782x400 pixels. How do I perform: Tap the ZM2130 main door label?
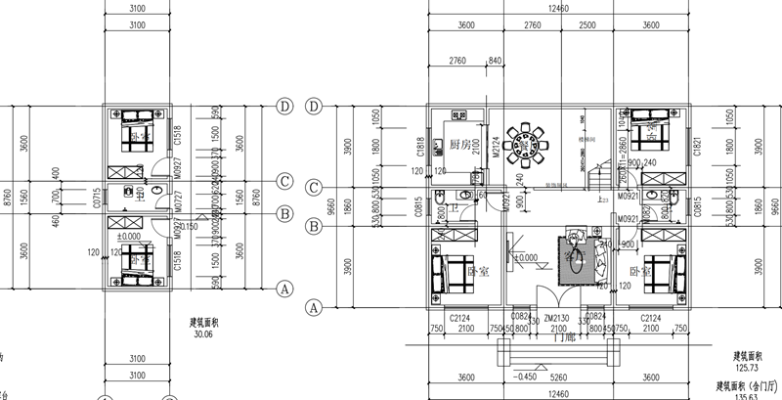click(x=556, y=319)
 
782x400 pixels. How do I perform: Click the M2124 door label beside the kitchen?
click(x=495, y=146)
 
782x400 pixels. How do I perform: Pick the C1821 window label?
click(x=697, y=146)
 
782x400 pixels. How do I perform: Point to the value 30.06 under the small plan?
click(x=202, y=333)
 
